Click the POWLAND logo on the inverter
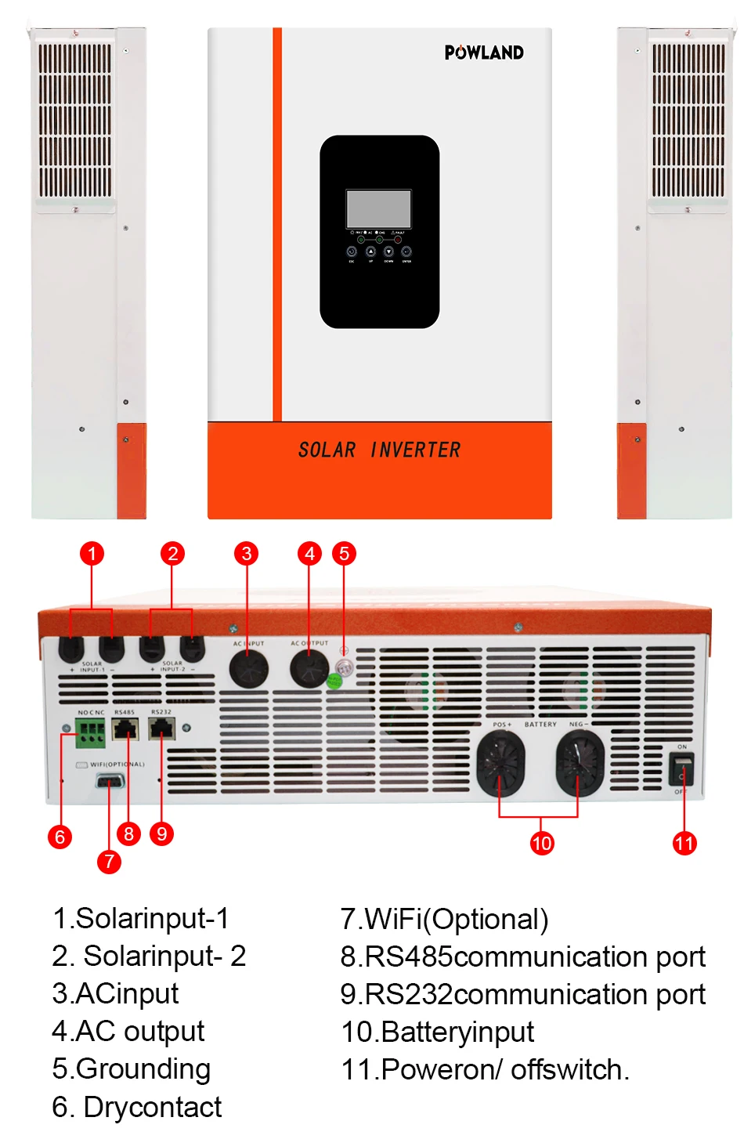(x=484, y=52)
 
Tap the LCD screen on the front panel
(x=379, y=208)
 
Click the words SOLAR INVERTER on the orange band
(x=379, y=450)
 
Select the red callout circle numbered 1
(x=92, y=554)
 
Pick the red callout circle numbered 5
(x=344, y=554)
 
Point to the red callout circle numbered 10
(x=542, y=843)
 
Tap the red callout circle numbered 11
(x=684, y=843)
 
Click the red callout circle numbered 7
(x=109, y=862)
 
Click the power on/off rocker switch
(x=681, y=770)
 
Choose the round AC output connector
(x=309, y=669)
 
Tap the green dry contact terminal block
(x=91, y=733)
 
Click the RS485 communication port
(x=125, y=729)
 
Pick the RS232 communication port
(x=161, y=729)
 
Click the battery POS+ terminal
(x=500, y=762)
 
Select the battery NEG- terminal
(x=580, y=762)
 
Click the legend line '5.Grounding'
(x=132, y=1068)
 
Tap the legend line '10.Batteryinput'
(x=438, y=1032)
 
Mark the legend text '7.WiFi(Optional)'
(x=445, y=919)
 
